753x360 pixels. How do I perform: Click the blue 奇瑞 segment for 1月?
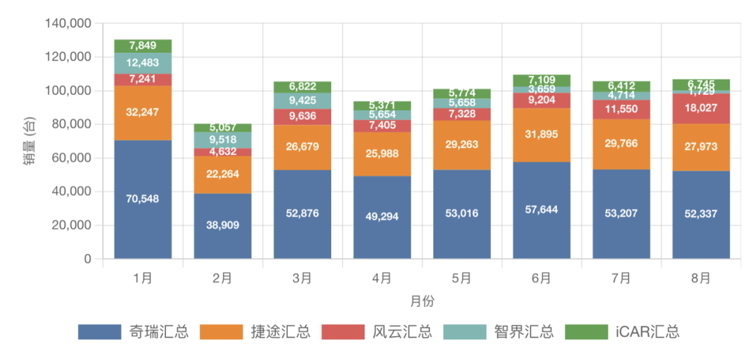[143, 200]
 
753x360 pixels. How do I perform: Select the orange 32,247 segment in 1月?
[143, 113]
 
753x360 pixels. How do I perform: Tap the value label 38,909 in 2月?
[222, 225]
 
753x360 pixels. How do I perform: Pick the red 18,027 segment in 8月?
[701, 108]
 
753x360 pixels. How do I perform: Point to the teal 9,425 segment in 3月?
[302, 100]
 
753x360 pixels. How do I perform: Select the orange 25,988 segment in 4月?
[381, 153]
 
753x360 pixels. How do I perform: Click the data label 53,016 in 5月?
[461, 213]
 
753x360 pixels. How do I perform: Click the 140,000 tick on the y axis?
[68, 23]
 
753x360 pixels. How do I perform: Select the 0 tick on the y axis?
[88, 259]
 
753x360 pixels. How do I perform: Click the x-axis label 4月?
[381, 278]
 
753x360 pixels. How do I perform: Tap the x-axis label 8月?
[701, 278]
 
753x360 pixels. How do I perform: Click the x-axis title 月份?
[421, 301]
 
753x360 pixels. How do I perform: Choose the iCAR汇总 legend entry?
[648, 332]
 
